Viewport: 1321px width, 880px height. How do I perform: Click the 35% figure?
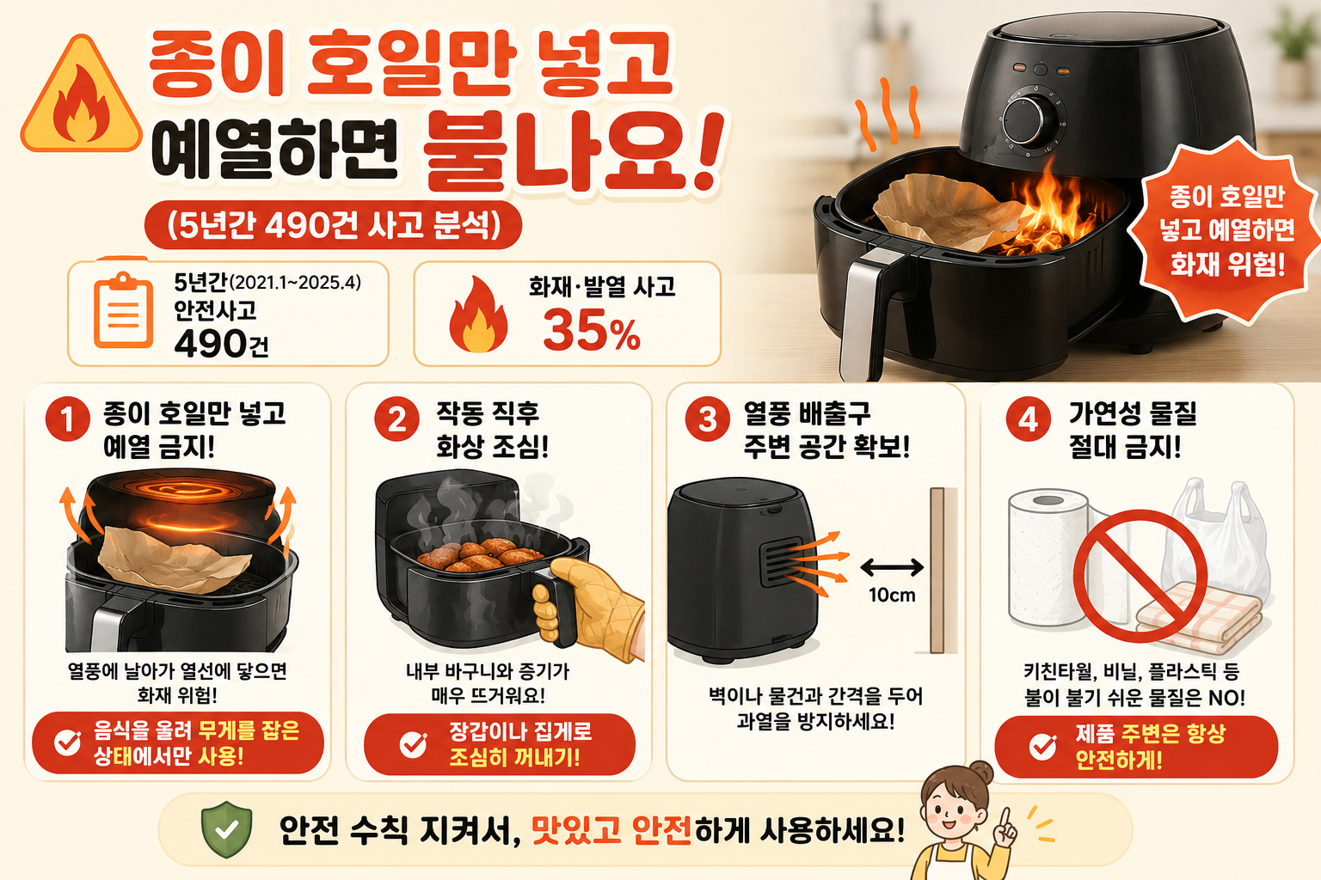pos(592,330)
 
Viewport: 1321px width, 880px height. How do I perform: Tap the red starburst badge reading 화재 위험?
pos(1226,229)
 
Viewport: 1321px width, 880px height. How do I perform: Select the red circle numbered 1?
pos(68,419)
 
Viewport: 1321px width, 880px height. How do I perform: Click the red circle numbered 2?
pos(396,419)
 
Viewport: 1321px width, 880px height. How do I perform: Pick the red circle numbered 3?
pos(708,419)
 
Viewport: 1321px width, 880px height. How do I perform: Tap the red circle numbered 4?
pos(1029,419)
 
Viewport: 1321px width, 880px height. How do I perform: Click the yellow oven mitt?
pos(590,607)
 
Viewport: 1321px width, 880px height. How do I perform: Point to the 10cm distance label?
pos(892,595)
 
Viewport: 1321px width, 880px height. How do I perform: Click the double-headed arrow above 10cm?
pos(892,567)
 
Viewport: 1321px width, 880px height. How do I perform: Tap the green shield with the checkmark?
pos(226,829)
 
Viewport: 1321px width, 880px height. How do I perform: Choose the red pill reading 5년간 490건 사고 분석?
pos(333,225)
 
